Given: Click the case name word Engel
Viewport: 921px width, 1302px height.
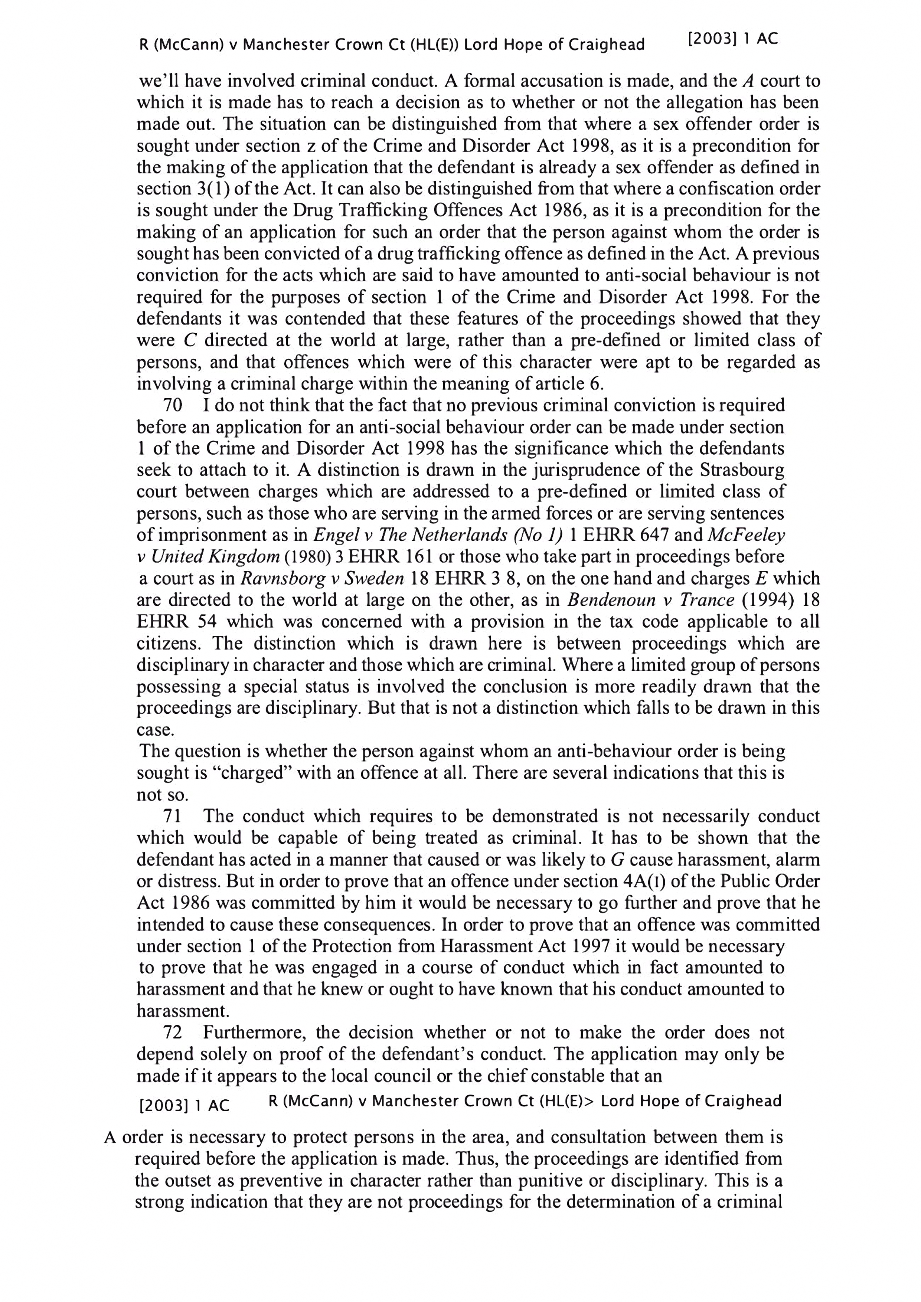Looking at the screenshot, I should pyautogui.click(x=334, y=535).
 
